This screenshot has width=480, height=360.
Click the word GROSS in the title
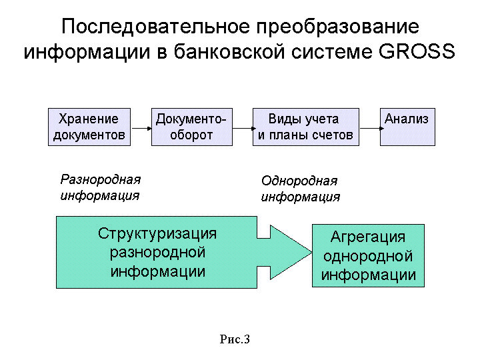pos(417,51)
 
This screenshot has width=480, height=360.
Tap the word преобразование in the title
pos(337,27)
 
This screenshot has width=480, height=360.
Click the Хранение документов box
pos(89,127)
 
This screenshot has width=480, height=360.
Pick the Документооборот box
pos(192,127)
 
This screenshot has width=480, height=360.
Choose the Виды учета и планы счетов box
pos(306,127)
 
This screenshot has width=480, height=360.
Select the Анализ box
pos(407,127)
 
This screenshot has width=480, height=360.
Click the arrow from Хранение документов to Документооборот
pos(141,128)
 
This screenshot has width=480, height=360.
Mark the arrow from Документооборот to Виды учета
pos(244,128)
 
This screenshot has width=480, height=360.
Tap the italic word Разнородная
pos(101,180)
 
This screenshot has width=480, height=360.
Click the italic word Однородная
pos(299,181)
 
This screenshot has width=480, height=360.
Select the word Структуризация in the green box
pos(157,234)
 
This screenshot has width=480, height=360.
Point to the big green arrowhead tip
pos(311,252)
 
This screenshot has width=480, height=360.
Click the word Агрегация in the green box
pos(368,237)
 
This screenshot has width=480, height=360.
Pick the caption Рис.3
pos(235,339)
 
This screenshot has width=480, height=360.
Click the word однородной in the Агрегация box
pos(368,256)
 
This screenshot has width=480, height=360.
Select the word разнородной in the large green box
pos(157,253)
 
